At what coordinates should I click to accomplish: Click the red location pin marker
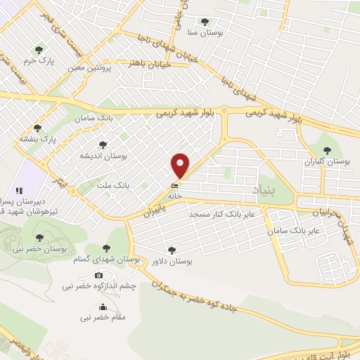click(x=181, y=166)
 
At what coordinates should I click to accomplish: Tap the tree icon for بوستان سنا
click(x=205, y=22)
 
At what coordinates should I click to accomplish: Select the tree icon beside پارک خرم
click(x=39, y=50)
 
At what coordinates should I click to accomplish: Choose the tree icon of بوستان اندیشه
click(x=103, y=144)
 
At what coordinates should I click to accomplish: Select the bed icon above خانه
click(x=174, y=185)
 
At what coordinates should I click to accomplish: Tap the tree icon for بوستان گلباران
click(x=326, y=150)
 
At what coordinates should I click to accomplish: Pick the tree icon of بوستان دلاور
click(x=172, y=250)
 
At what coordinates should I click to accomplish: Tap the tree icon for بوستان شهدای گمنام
click(x=105, y=248)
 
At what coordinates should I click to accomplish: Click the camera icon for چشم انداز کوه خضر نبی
click(x=98, y=275)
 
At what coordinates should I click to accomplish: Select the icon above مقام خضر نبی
click(x=103, y=307)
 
